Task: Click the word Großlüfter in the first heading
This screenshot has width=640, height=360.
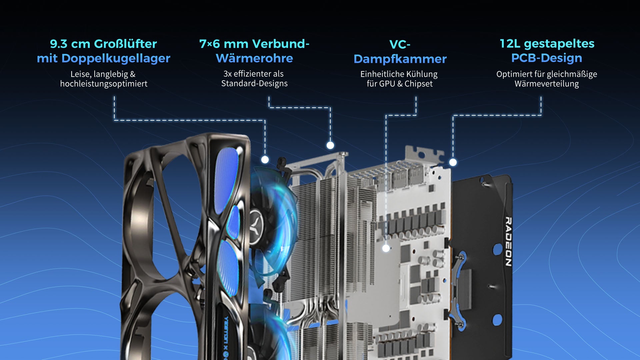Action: pos(125,44)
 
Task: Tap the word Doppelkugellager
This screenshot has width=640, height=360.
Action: pos(116,59)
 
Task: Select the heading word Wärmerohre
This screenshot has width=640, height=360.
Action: pos(254,58)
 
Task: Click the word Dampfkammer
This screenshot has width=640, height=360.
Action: pos(400,59)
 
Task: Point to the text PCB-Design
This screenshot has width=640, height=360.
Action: pos(547,58)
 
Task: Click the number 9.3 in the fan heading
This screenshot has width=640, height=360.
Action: pos(59,44)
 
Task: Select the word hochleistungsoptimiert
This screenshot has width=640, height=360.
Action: pos(104,84)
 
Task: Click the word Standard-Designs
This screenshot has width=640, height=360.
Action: pos(254,83)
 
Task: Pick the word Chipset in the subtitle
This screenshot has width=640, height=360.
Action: pos(419,84)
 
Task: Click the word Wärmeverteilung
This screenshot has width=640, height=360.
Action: pos(547,84)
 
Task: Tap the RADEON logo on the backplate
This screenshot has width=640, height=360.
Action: pos(508,242)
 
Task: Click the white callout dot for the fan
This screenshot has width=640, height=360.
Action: pos(265,160)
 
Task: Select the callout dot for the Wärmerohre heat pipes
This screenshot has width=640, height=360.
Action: pos(330,145)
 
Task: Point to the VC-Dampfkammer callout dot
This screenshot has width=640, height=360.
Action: pos(386,248)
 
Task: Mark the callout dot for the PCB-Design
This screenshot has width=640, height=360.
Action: pos(453,162)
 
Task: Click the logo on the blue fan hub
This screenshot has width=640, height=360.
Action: pos(257,221)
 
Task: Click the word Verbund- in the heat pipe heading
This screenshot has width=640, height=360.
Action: pos(281,44)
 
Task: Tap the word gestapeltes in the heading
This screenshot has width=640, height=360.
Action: pos(559,44)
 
